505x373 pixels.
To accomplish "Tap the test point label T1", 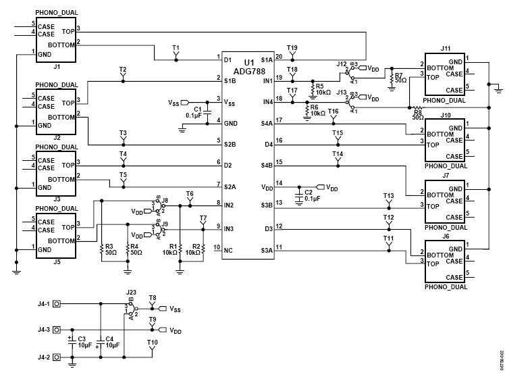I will [x=176, y=47].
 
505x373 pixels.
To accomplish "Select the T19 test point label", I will [x=292, y=47].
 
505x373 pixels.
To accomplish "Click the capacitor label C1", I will [x=197, y=109].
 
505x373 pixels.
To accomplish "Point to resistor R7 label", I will [x=399, y=75].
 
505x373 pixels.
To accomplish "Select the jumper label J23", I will [x=131, y=292].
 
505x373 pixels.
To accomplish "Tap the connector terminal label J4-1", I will [x=44, y=305].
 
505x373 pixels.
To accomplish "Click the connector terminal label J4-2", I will [x=44, y=357].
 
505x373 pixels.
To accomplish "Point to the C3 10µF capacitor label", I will [x=82, y=341].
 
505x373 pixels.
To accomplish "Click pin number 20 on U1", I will [x=279, y=55].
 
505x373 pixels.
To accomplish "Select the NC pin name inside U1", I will [x=228, y=250].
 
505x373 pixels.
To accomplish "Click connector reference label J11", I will [x=445, y=49].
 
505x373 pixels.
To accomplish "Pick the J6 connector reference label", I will [x=445, y=237].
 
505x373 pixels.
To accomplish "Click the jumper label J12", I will [x=341, y=64].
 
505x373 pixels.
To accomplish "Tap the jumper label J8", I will [x=165, y=201].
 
